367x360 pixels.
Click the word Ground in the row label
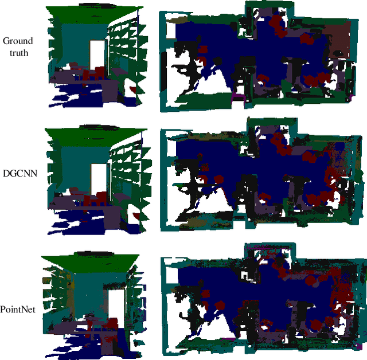tap(18, 41)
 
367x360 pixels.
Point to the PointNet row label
tap(19, 309)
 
